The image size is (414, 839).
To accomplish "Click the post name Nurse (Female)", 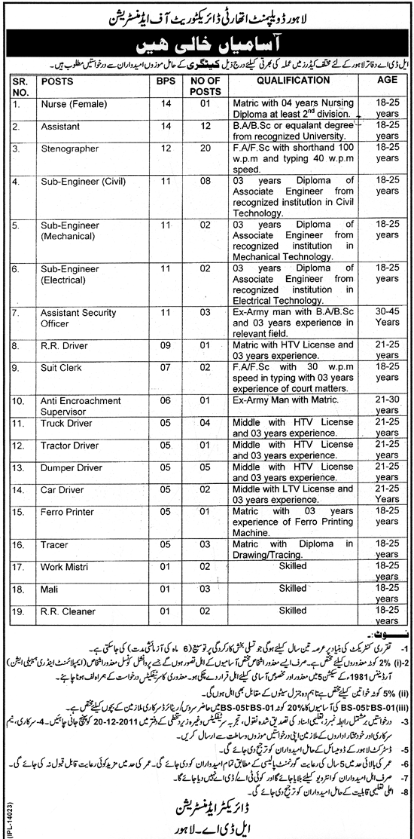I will click(x=72, y=99).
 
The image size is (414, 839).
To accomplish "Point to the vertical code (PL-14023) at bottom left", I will click(x=8, y=810).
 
